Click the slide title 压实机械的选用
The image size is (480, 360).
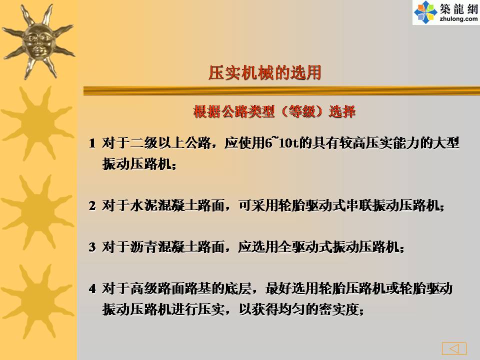coord(265,73)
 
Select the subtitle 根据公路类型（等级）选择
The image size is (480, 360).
coord(274,111)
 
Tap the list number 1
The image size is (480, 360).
coord(92,143)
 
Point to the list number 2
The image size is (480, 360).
coord(92,205)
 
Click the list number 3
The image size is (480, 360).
coord(92,247)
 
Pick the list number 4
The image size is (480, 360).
coord(92,288)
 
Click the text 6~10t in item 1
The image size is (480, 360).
coord(281,142)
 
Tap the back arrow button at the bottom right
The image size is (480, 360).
coord(454,348)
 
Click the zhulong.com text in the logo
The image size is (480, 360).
coord(458,19)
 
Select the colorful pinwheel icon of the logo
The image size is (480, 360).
coord(425,12)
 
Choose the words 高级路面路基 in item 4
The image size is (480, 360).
coord(171,288)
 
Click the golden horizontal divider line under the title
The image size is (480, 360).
coord(281,91)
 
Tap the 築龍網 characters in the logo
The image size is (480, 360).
coord(459,9)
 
